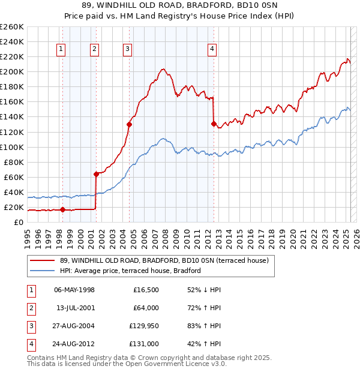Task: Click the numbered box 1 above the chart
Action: click(62, 50)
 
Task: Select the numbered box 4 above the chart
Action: click(212, 50)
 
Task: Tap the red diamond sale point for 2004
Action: click(129, 125)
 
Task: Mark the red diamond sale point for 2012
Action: click(213, 124)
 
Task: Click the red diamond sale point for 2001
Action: click(95, 174)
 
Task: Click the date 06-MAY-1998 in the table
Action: click(74, 290)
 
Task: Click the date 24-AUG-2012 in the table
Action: click(74, 344)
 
